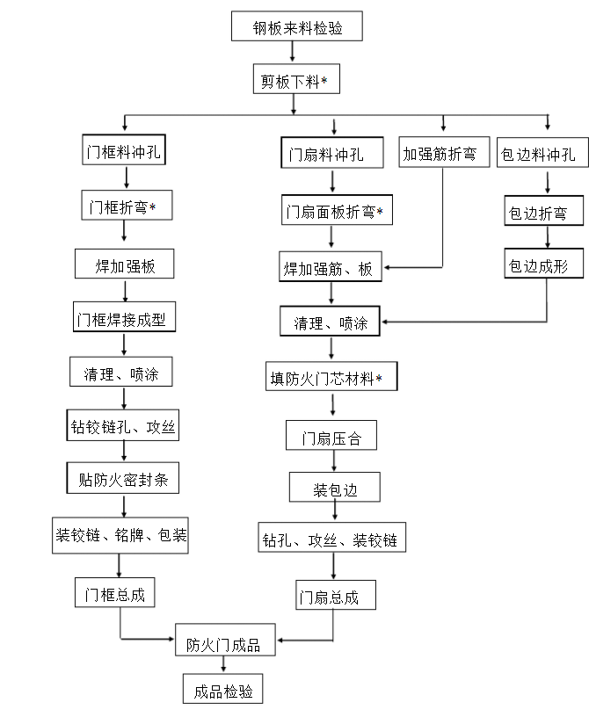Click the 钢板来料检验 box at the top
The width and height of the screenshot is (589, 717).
(x=296, y=27)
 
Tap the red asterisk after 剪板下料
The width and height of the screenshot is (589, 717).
(x=324, y=81)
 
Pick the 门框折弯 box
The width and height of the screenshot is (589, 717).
(x=124, y=206)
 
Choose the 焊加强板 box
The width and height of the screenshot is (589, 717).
(x=125, y=263)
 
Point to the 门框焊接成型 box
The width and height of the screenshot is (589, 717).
(x=124, y=317)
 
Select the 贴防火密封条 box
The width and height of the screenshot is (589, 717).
(x=124, y=480)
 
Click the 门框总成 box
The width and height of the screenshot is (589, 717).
(x=115, y=593)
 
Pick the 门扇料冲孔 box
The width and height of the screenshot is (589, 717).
(x=331, y=156)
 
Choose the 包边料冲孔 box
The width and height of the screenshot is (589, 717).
(x=538, y=155)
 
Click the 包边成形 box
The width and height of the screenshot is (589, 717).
(x=542, y=264)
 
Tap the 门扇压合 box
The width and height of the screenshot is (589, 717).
(x=331, y=435)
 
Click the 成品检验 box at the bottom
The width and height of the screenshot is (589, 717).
(x=223, y=691)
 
